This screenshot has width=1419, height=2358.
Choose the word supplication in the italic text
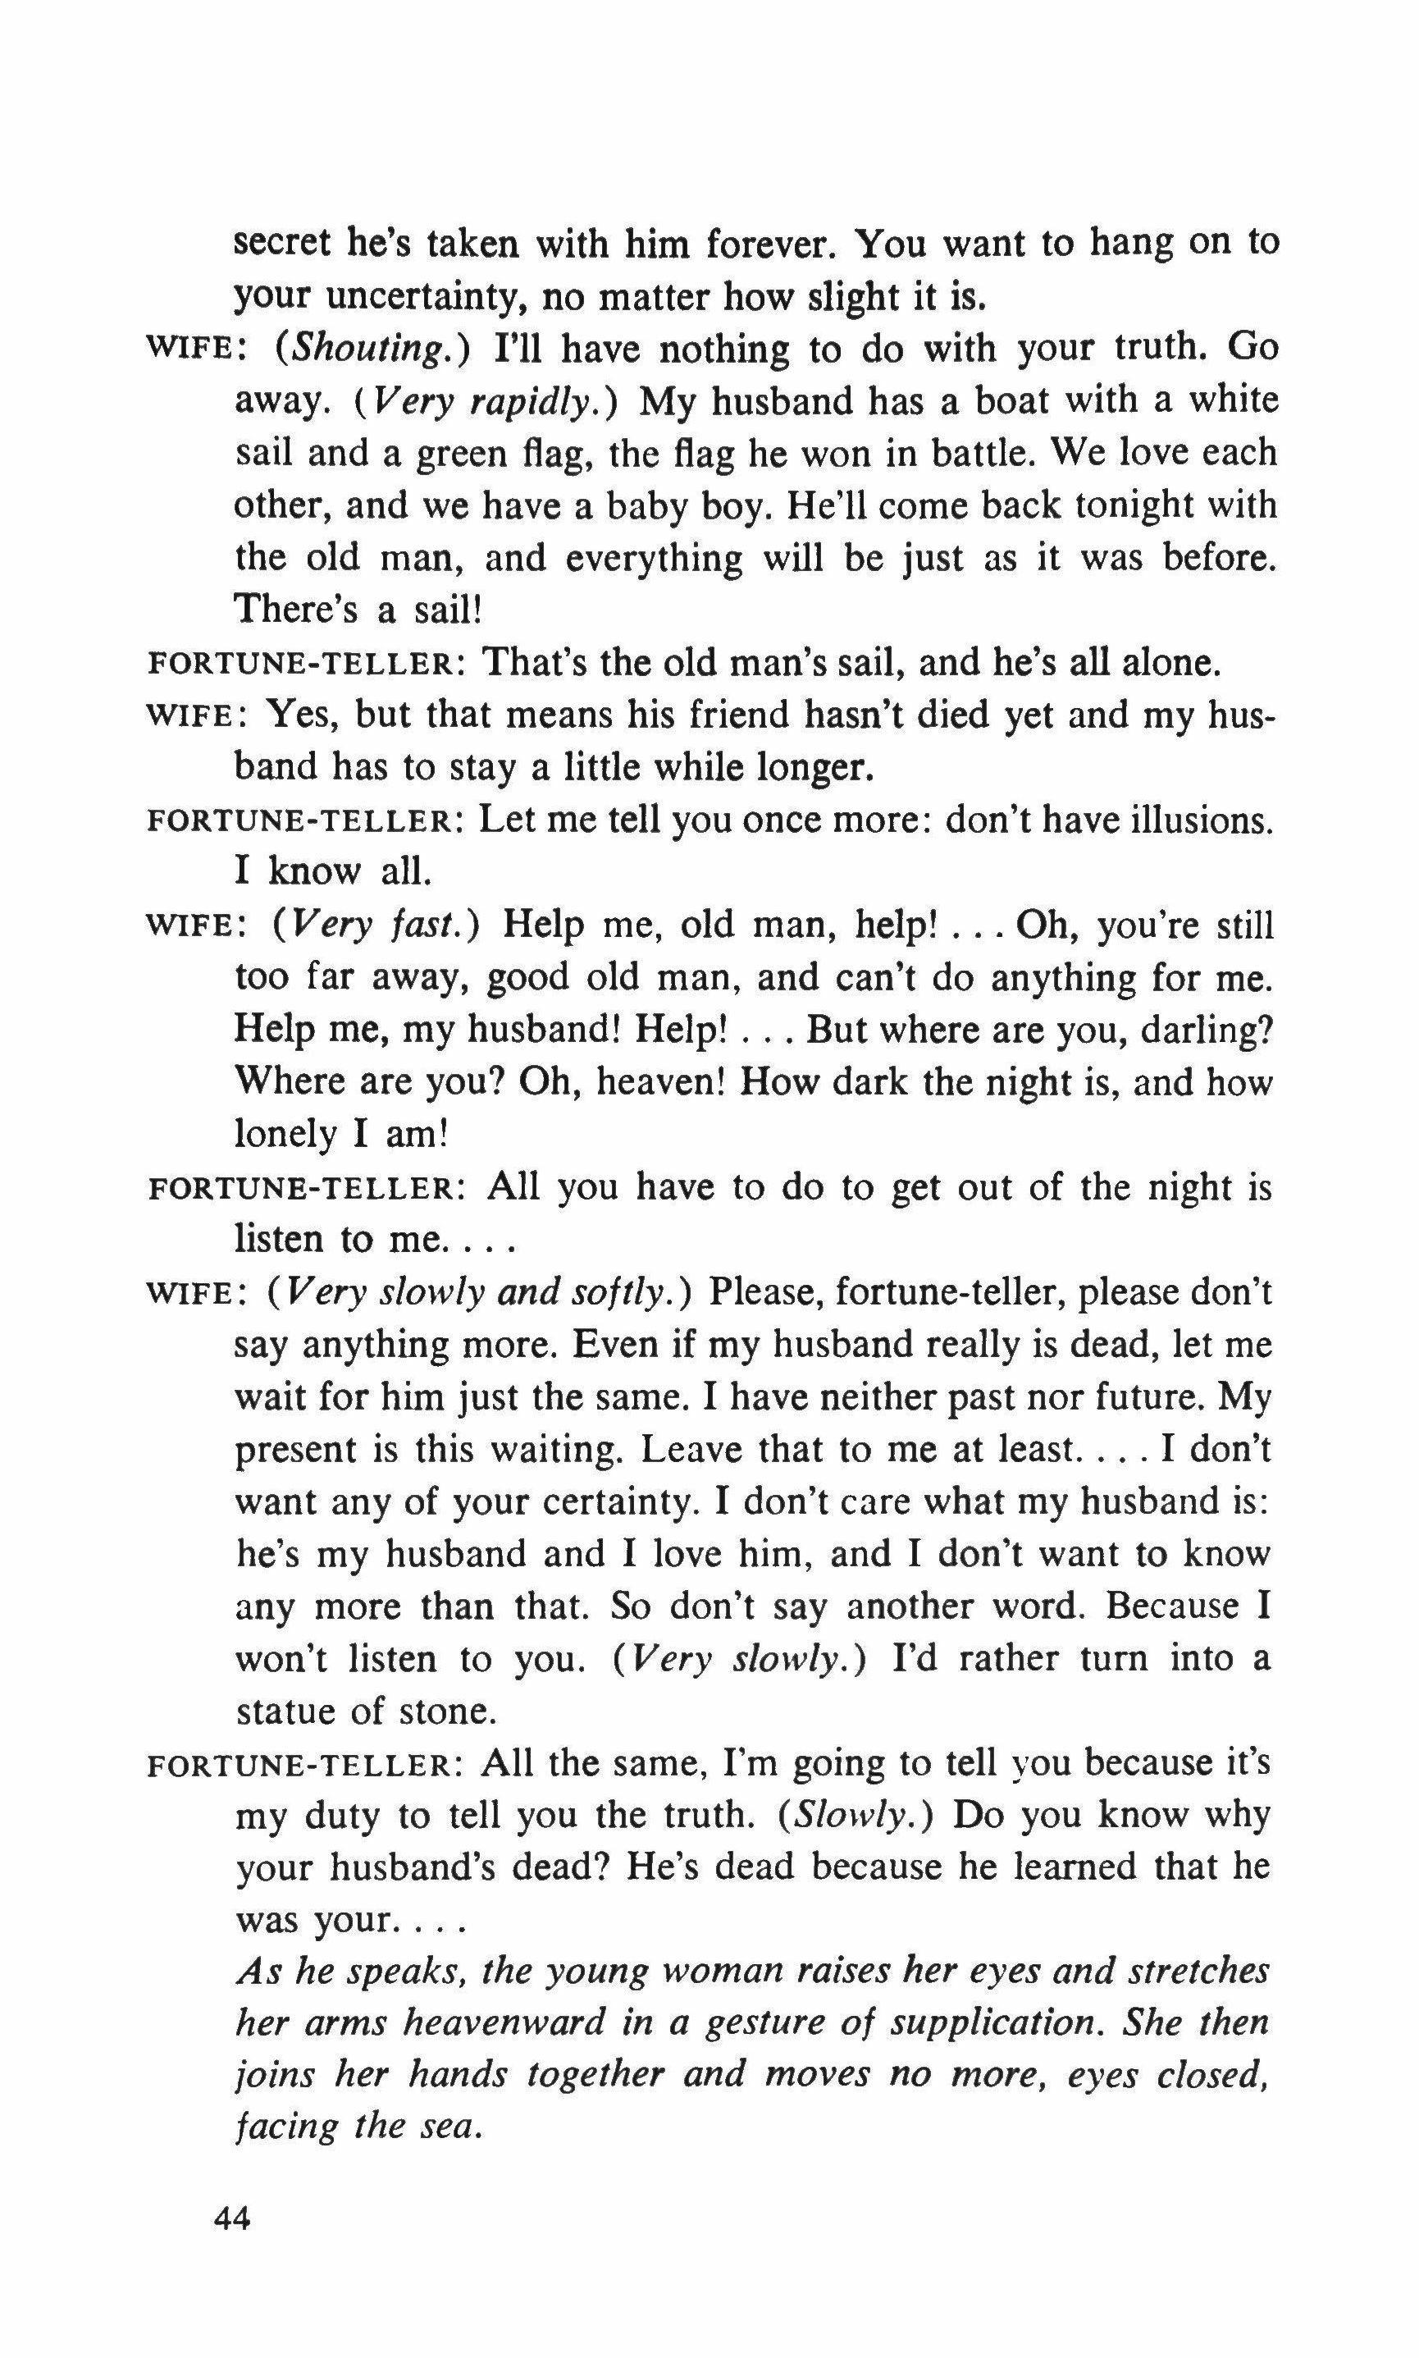tap(992, 2021)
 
